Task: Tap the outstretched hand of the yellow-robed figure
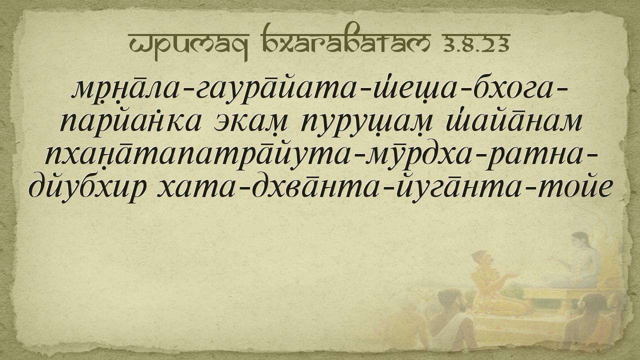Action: [x=513, y=275]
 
